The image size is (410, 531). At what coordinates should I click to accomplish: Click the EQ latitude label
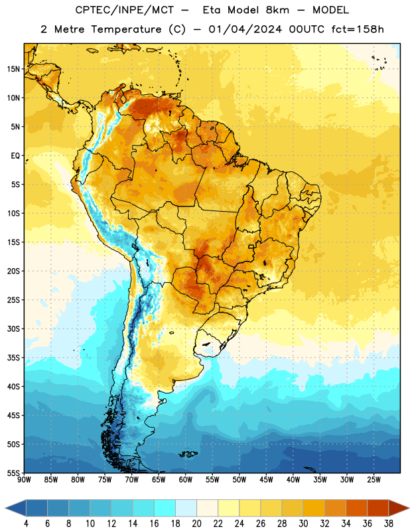pyautogui.click(x=15, y=156)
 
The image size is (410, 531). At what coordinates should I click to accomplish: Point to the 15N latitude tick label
pyautogui.click(x=13, y=69)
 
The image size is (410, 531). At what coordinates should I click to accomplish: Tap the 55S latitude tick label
pyautogui.click(x=13, y=473)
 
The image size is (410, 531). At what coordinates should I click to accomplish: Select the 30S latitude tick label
pyautogui.click(x=13, y=329)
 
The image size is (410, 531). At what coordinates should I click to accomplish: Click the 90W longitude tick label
pyautogui.click(x=24, y=479)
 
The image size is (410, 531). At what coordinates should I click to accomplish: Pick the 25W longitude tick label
pyautogui.click(x=374, y=479)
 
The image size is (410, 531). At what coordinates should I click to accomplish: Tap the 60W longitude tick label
pyautogui.click(x=186, y=479)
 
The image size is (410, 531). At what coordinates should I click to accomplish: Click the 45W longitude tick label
pyautogui.click(x=266, y=479)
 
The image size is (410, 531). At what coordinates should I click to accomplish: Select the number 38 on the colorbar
pyautogui.click(x=389, y=524)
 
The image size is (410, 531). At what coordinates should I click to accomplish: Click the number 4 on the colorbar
pyautogui.click(x=26, y=524)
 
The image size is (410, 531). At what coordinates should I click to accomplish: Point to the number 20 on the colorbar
pyautogui.click(x=196, y=524)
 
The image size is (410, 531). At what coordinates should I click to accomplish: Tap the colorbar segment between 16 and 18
pyautogui.click(x=165, y=508)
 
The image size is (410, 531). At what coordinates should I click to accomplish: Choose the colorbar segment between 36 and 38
pyautogui.click(x=378, y=508)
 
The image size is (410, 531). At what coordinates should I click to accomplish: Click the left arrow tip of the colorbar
pyautogui.click(x=5, y=508)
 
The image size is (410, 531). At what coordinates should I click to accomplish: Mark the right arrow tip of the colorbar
pyautogui.click(x=409, y=508)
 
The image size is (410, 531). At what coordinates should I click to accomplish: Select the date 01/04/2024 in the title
pyautogui.click(x=245, y=29)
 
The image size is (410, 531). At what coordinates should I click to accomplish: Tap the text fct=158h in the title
pyautogui.click(x=358, y=29)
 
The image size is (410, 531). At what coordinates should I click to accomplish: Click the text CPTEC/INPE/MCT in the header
pyautogui.click(x=124, y=10)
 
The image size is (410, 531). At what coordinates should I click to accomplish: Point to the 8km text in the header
pyautogui.click(x=277, y=10)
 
